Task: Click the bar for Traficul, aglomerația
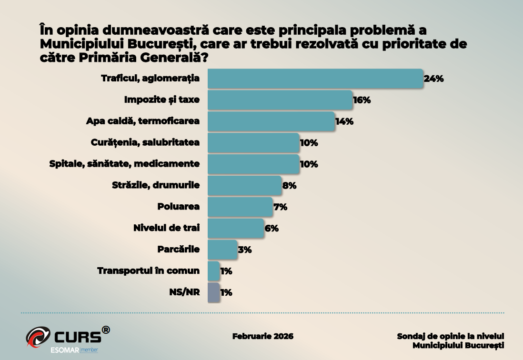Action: [x=315, y=79]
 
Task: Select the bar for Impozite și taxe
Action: [x=280, y=100]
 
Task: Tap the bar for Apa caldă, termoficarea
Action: [x=271, y=121]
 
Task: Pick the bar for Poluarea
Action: [x=240, y=207]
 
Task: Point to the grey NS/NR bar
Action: [x=214, y=292]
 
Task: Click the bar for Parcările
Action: [x=222, y=250]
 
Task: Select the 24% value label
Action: [x=433, y=79]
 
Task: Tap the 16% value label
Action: [x=362, y=100]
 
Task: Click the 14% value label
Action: [x=344, y=121]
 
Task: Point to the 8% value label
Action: [x=289, y=186]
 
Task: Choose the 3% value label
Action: [x=244, y=250]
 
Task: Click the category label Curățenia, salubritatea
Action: [x=145, y=142]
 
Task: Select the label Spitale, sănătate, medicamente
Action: [x=124, y=164]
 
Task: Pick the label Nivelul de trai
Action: [x=166, y=228]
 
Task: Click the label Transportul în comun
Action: [x=148, y=270]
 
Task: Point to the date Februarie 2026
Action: [x=263, y=336]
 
